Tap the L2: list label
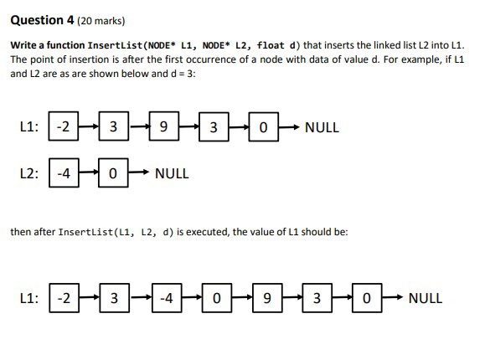pyautogui.click(x=28, y=173)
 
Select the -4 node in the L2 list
pyautogui.click(x=63, y=173)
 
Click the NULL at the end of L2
pyautogui.click(x=172, y=173)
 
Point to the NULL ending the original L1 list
pyautogui.click(x=322, y=128)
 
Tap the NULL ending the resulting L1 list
pyautogui.click(x=425, y=297)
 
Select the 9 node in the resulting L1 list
pyautogui.click(x=266, y=297)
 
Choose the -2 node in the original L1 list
pyautogui.click(x=63, y=128)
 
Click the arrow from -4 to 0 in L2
pyautogui.click(x=88, y=173)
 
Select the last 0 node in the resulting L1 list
pyautogui.click(x=366, y=297)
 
